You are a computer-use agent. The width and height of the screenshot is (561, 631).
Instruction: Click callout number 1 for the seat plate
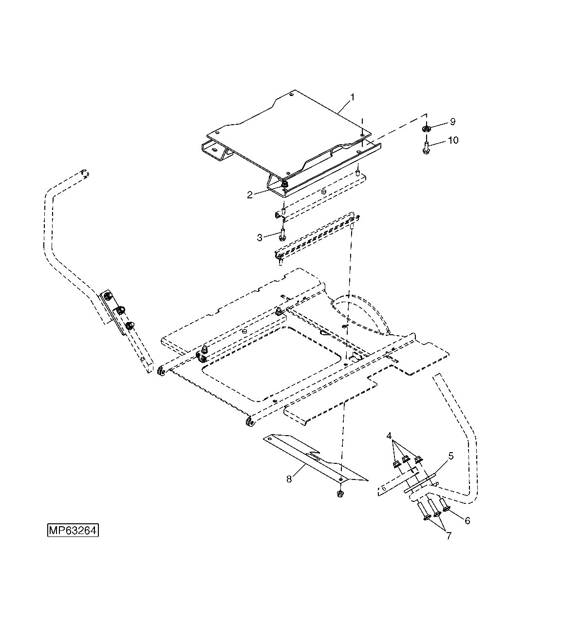pos(352,97)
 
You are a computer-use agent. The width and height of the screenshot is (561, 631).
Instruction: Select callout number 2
pos(250,195)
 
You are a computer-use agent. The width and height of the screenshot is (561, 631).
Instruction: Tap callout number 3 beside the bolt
pos(260,237)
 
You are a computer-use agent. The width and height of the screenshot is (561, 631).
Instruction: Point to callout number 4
pos(389,435)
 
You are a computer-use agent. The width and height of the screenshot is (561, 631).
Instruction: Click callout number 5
pos(450,456)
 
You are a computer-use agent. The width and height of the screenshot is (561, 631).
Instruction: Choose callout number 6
pos(467,520)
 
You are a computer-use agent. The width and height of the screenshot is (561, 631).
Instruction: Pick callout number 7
pos(448,536)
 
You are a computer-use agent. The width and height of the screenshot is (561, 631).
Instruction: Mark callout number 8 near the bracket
pos(289,479)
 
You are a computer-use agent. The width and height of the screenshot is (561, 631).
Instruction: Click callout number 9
pos(452,121)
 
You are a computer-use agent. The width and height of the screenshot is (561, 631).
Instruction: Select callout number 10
pos(453,140)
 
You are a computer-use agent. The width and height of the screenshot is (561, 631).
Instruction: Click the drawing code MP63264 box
pos(73,530)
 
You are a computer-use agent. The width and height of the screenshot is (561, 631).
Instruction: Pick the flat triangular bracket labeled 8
pos(312,458)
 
